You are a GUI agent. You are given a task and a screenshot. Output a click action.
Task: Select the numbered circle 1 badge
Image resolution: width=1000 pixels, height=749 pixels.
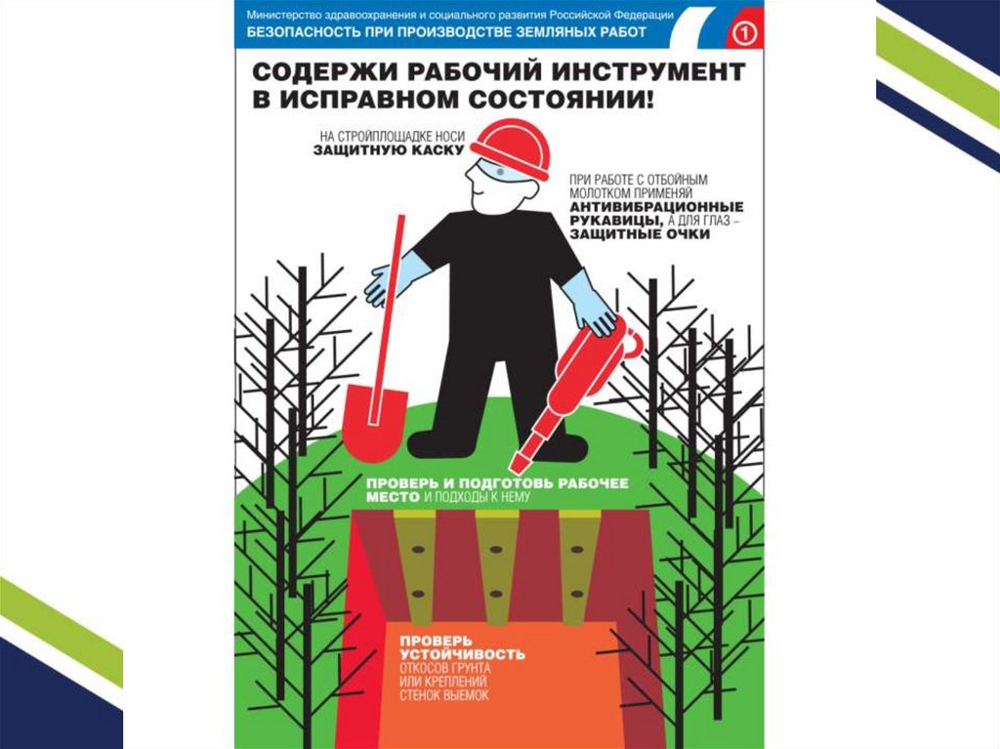744,32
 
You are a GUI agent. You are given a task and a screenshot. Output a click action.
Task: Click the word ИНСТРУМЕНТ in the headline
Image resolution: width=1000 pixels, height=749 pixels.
648,72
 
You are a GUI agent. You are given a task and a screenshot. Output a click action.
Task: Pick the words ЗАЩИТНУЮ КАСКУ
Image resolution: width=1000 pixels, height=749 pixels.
389,150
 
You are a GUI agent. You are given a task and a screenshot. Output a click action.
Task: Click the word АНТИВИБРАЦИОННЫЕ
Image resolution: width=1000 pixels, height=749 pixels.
656,207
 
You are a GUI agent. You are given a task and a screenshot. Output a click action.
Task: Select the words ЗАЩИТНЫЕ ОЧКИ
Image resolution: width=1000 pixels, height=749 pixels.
640,234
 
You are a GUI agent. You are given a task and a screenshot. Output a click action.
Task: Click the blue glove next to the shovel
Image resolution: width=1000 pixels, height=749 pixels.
391,279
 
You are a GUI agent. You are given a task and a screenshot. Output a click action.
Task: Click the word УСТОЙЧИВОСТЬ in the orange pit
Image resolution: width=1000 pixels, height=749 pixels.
462,654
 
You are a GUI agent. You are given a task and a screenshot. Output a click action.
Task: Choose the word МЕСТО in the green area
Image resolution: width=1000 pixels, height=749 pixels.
393,497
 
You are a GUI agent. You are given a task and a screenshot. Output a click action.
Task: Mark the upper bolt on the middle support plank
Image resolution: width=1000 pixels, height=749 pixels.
495,549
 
